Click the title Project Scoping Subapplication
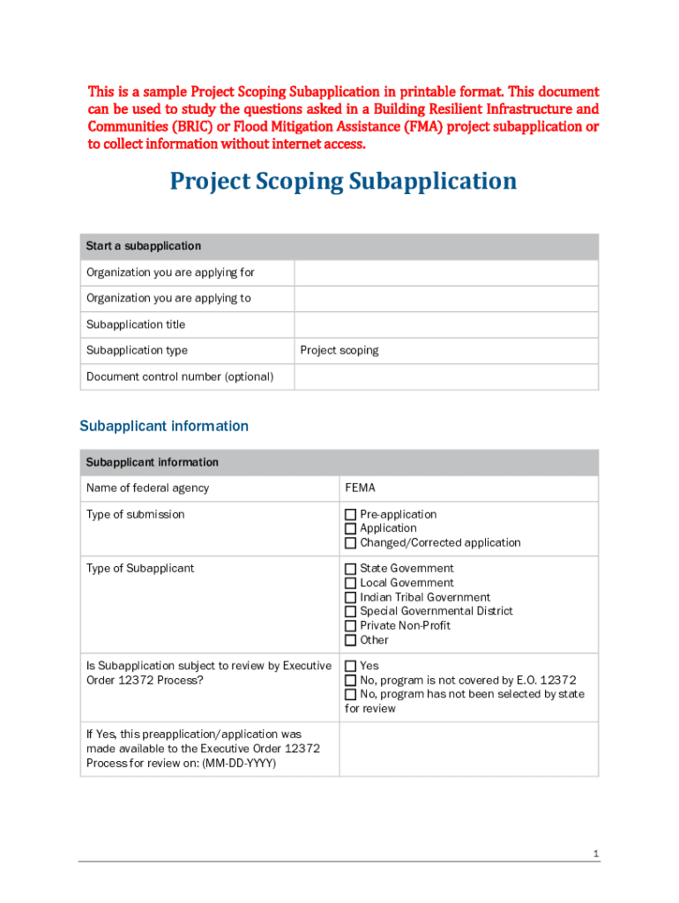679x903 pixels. [x=343, y=182]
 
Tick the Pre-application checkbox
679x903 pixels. [x=350, y=515]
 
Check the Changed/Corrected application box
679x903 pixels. [x=350, y=543]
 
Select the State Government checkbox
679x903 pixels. [x=350, y=569]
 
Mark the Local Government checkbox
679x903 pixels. [x=350, y=583]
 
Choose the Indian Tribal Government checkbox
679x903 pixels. [x=350, y=597]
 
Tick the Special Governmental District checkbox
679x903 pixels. [x=350, y=611]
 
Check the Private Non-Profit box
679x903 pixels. [x=350, y=626]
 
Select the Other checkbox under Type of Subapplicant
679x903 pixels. [x=350, y=640]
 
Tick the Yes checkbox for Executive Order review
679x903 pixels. [x=350, y=667]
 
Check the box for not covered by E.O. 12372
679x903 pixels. [x=350, y=681]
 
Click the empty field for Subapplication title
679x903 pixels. [x=445, y=325]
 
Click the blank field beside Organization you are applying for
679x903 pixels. [x=445, y=272]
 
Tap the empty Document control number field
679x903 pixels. [x=445, y=377]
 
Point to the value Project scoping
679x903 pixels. [x=339, y=350]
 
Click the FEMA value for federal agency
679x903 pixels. [x=360, y=488]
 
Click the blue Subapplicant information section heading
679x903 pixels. [x=164, y=426]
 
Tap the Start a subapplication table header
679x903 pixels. [x=144, y=246]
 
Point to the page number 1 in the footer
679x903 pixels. [x=596, y=854]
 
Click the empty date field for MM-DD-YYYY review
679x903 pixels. [x=468, y=749]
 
